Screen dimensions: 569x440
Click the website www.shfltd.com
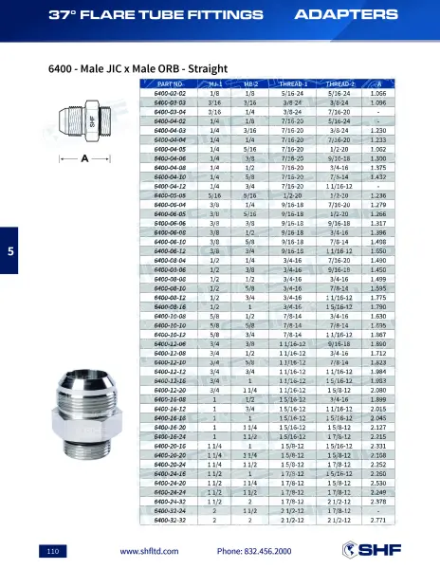click(151, 551)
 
